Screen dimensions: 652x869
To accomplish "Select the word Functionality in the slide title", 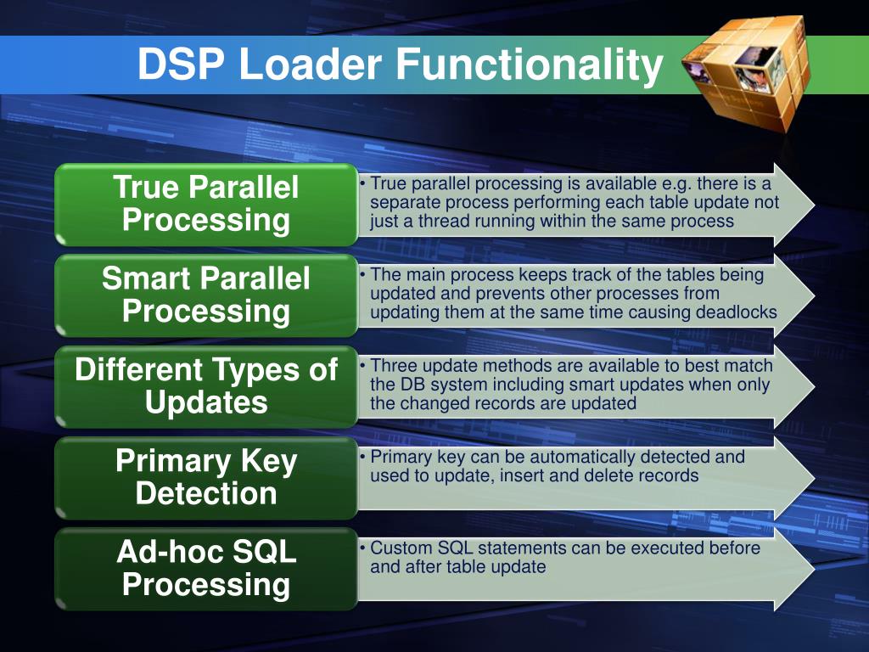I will click(529, 65).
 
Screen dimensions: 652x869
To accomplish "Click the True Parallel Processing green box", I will click(206, 204).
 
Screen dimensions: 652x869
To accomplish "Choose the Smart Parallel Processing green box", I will click(206, 295).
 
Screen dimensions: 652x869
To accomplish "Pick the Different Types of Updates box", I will click(206, 386).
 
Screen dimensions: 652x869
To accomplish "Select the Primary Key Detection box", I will click(206, 477).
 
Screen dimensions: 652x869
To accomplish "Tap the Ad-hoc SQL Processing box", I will click(206, 568).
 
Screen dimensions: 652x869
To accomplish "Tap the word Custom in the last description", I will click(399, 548).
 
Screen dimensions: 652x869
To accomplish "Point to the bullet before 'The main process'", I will click(363, 275).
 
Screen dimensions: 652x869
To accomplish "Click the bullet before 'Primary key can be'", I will click(363, 458).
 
